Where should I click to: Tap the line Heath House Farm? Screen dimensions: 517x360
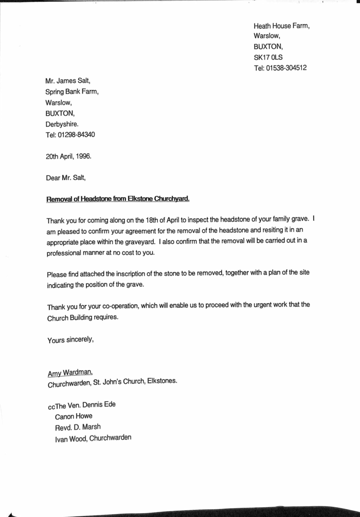(281, 26)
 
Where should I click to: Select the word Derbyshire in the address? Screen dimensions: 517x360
(62, 124)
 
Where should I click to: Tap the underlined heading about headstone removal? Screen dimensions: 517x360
(118, 199)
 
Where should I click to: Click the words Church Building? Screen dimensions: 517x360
(72, 317)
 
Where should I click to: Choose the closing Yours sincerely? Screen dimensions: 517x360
(70, 339)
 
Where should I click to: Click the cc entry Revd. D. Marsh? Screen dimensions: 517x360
(78, 427)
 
